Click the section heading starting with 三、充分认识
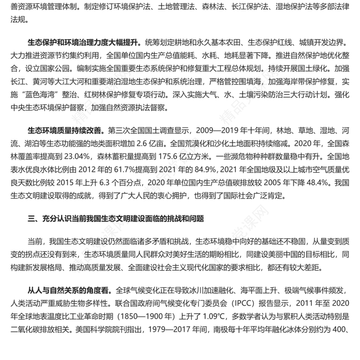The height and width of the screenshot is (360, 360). coord(116,219)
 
